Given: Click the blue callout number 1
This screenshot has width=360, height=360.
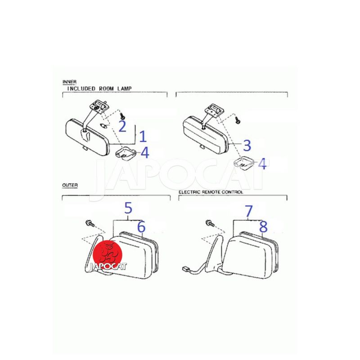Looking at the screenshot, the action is (x=143, y=136).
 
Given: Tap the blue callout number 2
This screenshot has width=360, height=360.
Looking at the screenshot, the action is (x=122, y=126).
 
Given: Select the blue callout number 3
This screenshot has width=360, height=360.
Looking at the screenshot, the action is (x=247, y=145).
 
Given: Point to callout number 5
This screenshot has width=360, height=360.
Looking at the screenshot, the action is (x=128, y=208).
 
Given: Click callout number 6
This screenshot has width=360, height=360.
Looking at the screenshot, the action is (x=141, y=227).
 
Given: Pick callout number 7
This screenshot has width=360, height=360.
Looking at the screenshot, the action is (x=249, y=211).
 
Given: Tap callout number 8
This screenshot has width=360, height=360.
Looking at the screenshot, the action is (x=263, y=227).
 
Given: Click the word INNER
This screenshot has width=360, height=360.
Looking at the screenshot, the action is (x=70, y=82).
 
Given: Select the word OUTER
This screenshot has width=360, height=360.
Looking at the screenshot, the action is (x=70, y=185).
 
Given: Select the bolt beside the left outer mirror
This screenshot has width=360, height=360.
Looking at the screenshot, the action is (x=90, y=223).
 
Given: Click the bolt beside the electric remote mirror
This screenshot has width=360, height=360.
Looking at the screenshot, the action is (x=210, y=223).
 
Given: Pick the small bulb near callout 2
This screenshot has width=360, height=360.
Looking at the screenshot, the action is (x=103, y=126).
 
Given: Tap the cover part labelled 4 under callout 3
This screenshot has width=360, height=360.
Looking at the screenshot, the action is (x=243, y=163).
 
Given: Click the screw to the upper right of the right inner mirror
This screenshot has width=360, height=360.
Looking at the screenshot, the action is (x=237, y=119).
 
